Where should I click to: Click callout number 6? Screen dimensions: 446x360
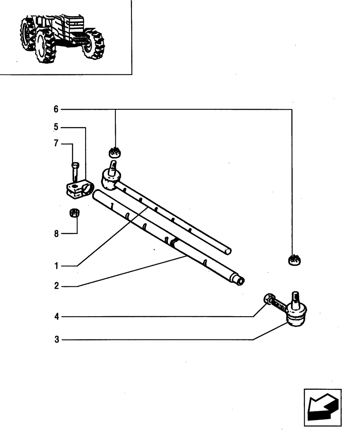(56, 109)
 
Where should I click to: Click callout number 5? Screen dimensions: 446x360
(56, 128)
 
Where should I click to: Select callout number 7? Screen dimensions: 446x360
(56, 144)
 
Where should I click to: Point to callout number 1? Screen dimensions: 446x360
(56, 266)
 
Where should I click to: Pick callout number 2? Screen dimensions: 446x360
(56, 286)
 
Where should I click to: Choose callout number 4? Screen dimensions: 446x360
(56, 317)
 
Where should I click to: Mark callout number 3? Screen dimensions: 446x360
(56, 340)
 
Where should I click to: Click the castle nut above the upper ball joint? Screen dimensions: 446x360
(115, 152)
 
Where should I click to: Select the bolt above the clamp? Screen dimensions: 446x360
(75, 170)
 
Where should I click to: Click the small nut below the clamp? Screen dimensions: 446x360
(75, 213)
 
